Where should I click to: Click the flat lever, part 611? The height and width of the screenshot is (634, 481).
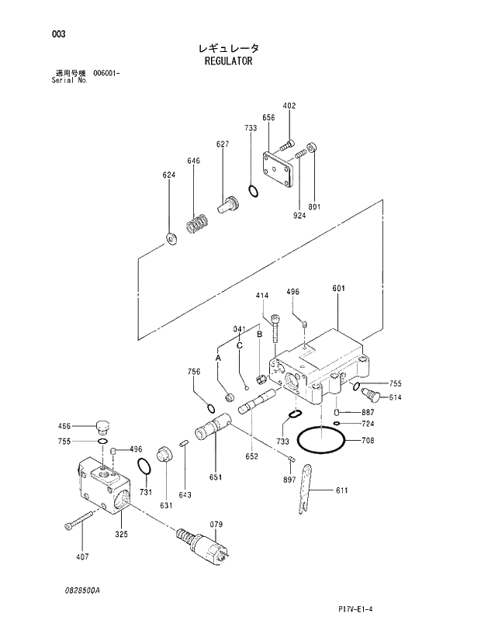(x=306, y=488)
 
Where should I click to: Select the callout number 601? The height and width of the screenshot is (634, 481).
(x=338, y=289)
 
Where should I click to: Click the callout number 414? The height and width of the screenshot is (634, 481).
(x=262, y=296)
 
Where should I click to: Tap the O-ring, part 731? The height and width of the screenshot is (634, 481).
(x=144, y=466)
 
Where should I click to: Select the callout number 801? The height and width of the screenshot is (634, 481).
(x=314, y=206)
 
